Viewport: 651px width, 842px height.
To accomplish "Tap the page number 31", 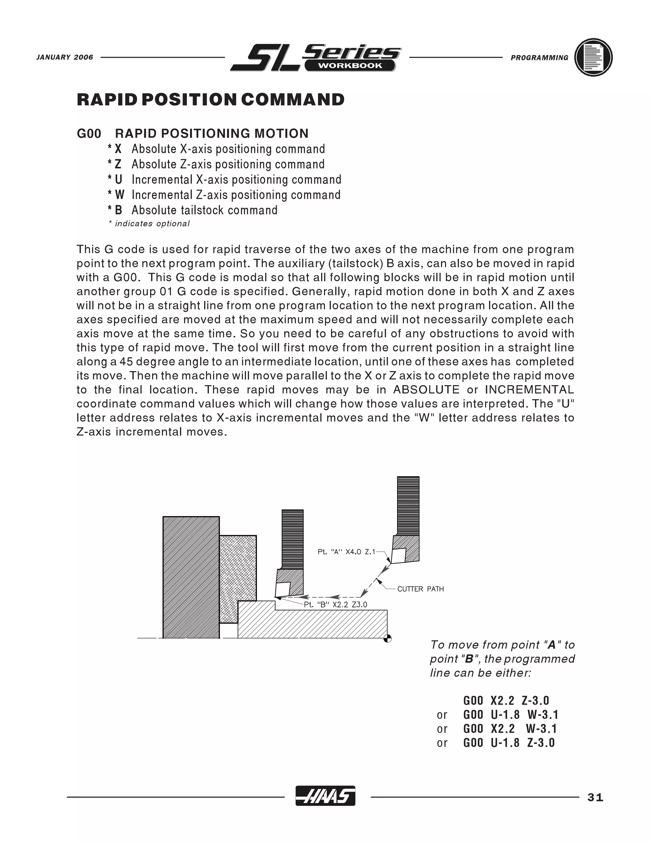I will point(595,797).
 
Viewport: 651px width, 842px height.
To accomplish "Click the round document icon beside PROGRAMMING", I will point(593,58).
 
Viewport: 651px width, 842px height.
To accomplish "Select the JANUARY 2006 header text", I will point(65,58).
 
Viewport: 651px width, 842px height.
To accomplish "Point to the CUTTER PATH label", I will point(420,589).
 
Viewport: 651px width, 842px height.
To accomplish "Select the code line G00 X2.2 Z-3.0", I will point(506,701).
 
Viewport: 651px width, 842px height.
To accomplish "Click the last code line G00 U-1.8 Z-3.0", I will point(509,743).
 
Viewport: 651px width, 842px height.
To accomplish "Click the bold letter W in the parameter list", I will point(119,195).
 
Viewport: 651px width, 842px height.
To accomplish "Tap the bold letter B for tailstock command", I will point(118,210).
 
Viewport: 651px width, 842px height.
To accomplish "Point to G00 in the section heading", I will point(89,133).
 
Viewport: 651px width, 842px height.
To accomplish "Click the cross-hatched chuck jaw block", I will point(237,578).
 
